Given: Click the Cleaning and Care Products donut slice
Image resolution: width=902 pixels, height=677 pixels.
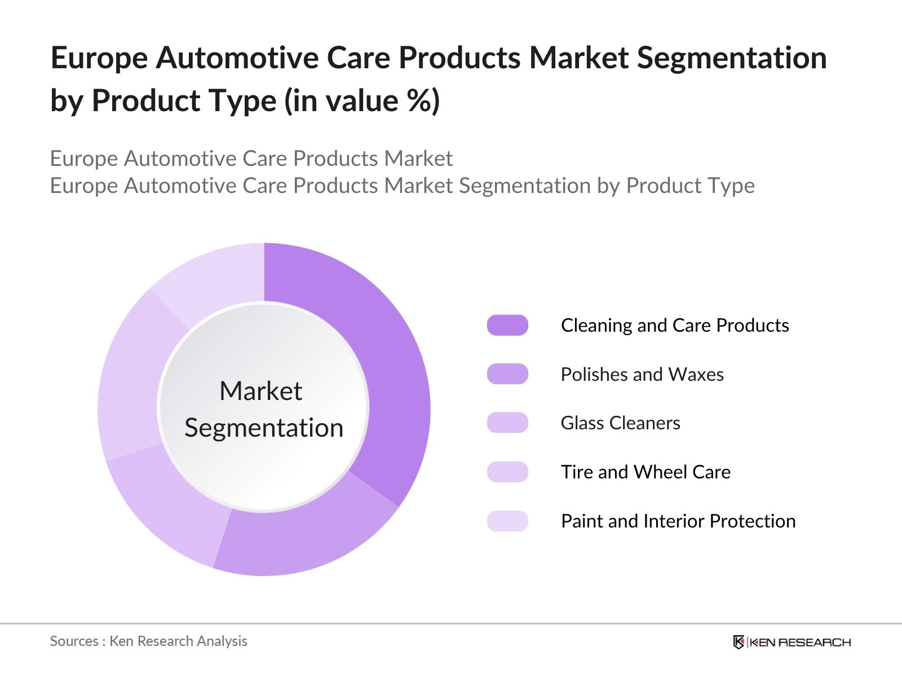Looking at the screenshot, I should tap(389, 361).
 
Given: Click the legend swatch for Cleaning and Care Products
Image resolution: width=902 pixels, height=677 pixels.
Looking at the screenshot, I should tap(507, 326).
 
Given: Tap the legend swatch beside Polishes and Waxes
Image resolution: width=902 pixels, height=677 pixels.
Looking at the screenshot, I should tap(507, 374).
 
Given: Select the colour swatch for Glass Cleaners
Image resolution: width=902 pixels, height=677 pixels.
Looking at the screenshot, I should tap(507, 423).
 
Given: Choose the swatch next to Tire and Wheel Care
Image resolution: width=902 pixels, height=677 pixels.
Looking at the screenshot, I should tap(507, 472).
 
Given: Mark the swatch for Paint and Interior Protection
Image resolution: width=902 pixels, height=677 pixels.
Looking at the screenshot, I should tap(507, 521).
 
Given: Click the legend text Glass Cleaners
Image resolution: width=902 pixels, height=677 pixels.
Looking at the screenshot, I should tap(620, 423).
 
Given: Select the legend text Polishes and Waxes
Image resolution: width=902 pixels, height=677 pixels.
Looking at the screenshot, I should tap(642, 374).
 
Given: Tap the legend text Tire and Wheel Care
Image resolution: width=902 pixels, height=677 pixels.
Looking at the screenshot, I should tap(645, 472).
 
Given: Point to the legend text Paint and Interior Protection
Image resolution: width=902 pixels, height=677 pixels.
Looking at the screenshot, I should tap(678, 521).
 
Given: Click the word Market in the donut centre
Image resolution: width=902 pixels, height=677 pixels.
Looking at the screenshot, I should tap(260, 391).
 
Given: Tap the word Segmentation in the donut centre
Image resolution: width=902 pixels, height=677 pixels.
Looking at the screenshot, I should tap(264, 428).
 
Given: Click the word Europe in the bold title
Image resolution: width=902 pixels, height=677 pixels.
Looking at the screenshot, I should tap(99, 58).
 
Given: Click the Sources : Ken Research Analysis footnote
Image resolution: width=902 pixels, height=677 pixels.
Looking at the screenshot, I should tap(149, 641).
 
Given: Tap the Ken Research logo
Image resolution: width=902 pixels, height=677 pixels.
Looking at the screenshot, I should tap(792, 642).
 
